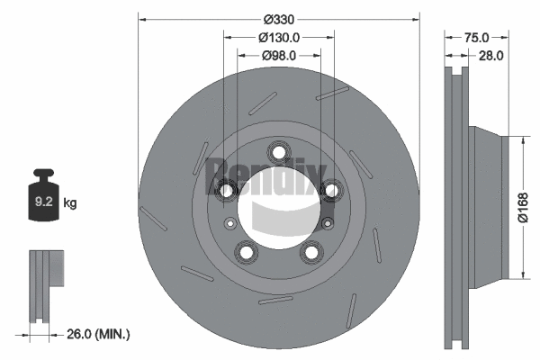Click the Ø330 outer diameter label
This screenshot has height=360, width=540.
click(x=278, y=19)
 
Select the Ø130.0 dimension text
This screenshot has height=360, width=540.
click(x=278, y=38)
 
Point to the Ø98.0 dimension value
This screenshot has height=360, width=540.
click(x=278, y=57)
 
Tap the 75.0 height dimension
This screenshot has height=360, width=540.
click(x=476, y=38)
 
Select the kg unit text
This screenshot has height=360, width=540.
click(x=70, y=204)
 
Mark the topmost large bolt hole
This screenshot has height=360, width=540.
click(x=278, y=152)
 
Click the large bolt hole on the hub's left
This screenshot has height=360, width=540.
click(x=227, y=189)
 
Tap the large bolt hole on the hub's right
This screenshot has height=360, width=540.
click(x=330, y=189)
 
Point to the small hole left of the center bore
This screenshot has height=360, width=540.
click(x=230, y=222)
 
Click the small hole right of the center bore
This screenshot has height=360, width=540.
click(x=327, y=222)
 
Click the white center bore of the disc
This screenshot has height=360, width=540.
click(x=278, y=211)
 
